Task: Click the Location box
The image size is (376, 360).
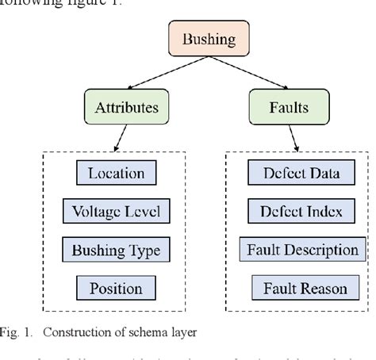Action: coord(116,173)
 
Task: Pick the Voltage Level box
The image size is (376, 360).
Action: coord(116,212)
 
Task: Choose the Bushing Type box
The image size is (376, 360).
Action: coord(116,251)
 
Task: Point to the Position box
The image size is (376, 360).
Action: coord(116,289)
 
